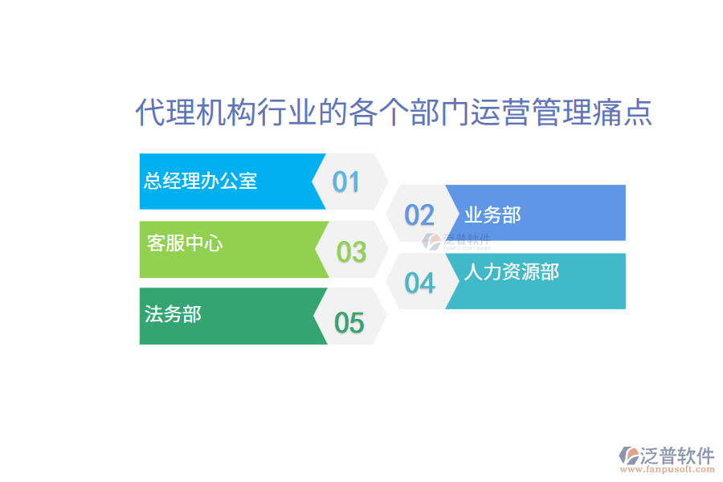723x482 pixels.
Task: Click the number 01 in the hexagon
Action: pos(346,182)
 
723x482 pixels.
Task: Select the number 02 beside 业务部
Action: pos(419,215)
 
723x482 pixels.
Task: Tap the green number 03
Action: pos(351,252)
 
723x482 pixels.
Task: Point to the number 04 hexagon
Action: pos(419,283)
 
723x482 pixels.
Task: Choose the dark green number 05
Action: pos(349,323)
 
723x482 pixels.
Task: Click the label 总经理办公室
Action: pos(201,181)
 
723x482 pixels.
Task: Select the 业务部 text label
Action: pos(492,215)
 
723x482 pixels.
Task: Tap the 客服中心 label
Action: pos(185,243)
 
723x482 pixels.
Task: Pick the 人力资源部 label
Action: pos(512,272)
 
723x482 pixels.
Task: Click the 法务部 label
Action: pos(173,313)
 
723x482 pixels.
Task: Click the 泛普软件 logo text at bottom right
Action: pos(677,455)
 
